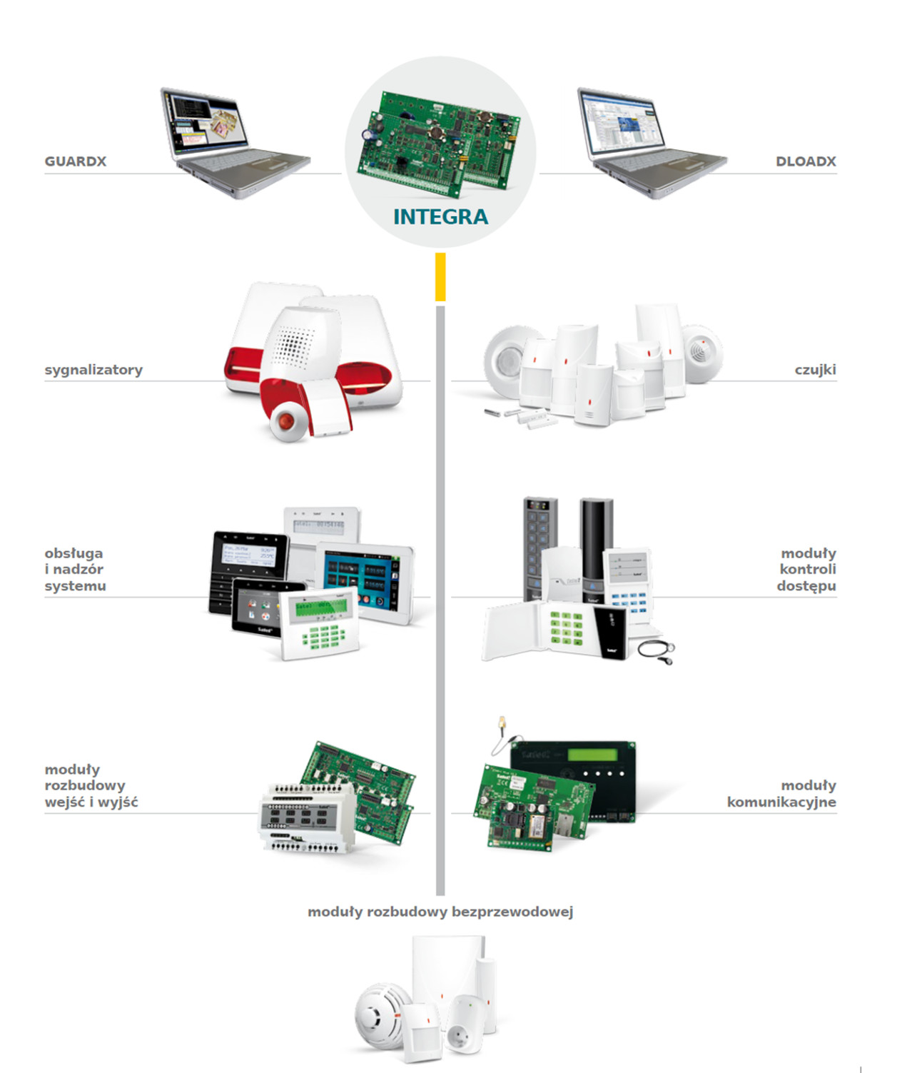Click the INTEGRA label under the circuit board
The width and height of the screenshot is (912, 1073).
point(440,216)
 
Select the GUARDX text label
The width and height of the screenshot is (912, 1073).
point(75,161)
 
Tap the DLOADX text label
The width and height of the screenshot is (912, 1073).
point(806,161)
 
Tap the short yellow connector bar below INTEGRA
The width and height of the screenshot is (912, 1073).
point(440,276)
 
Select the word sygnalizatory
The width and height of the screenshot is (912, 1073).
point(93,370)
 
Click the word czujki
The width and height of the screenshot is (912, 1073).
point(815,370)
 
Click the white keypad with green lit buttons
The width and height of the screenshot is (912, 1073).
point(320,623)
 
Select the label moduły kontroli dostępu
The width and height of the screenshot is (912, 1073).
point(806,569)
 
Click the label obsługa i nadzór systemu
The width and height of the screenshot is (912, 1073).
point(75,569)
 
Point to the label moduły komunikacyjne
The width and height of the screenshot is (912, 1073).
point(781,793)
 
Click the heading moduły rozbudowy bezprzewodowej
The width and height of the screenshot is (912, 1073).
point(440,912)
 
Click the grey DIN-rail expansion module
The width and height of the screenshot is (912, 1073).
point(305,818)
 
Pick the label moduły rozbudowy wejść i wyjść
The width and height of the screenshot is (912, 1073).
point(91,785)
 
